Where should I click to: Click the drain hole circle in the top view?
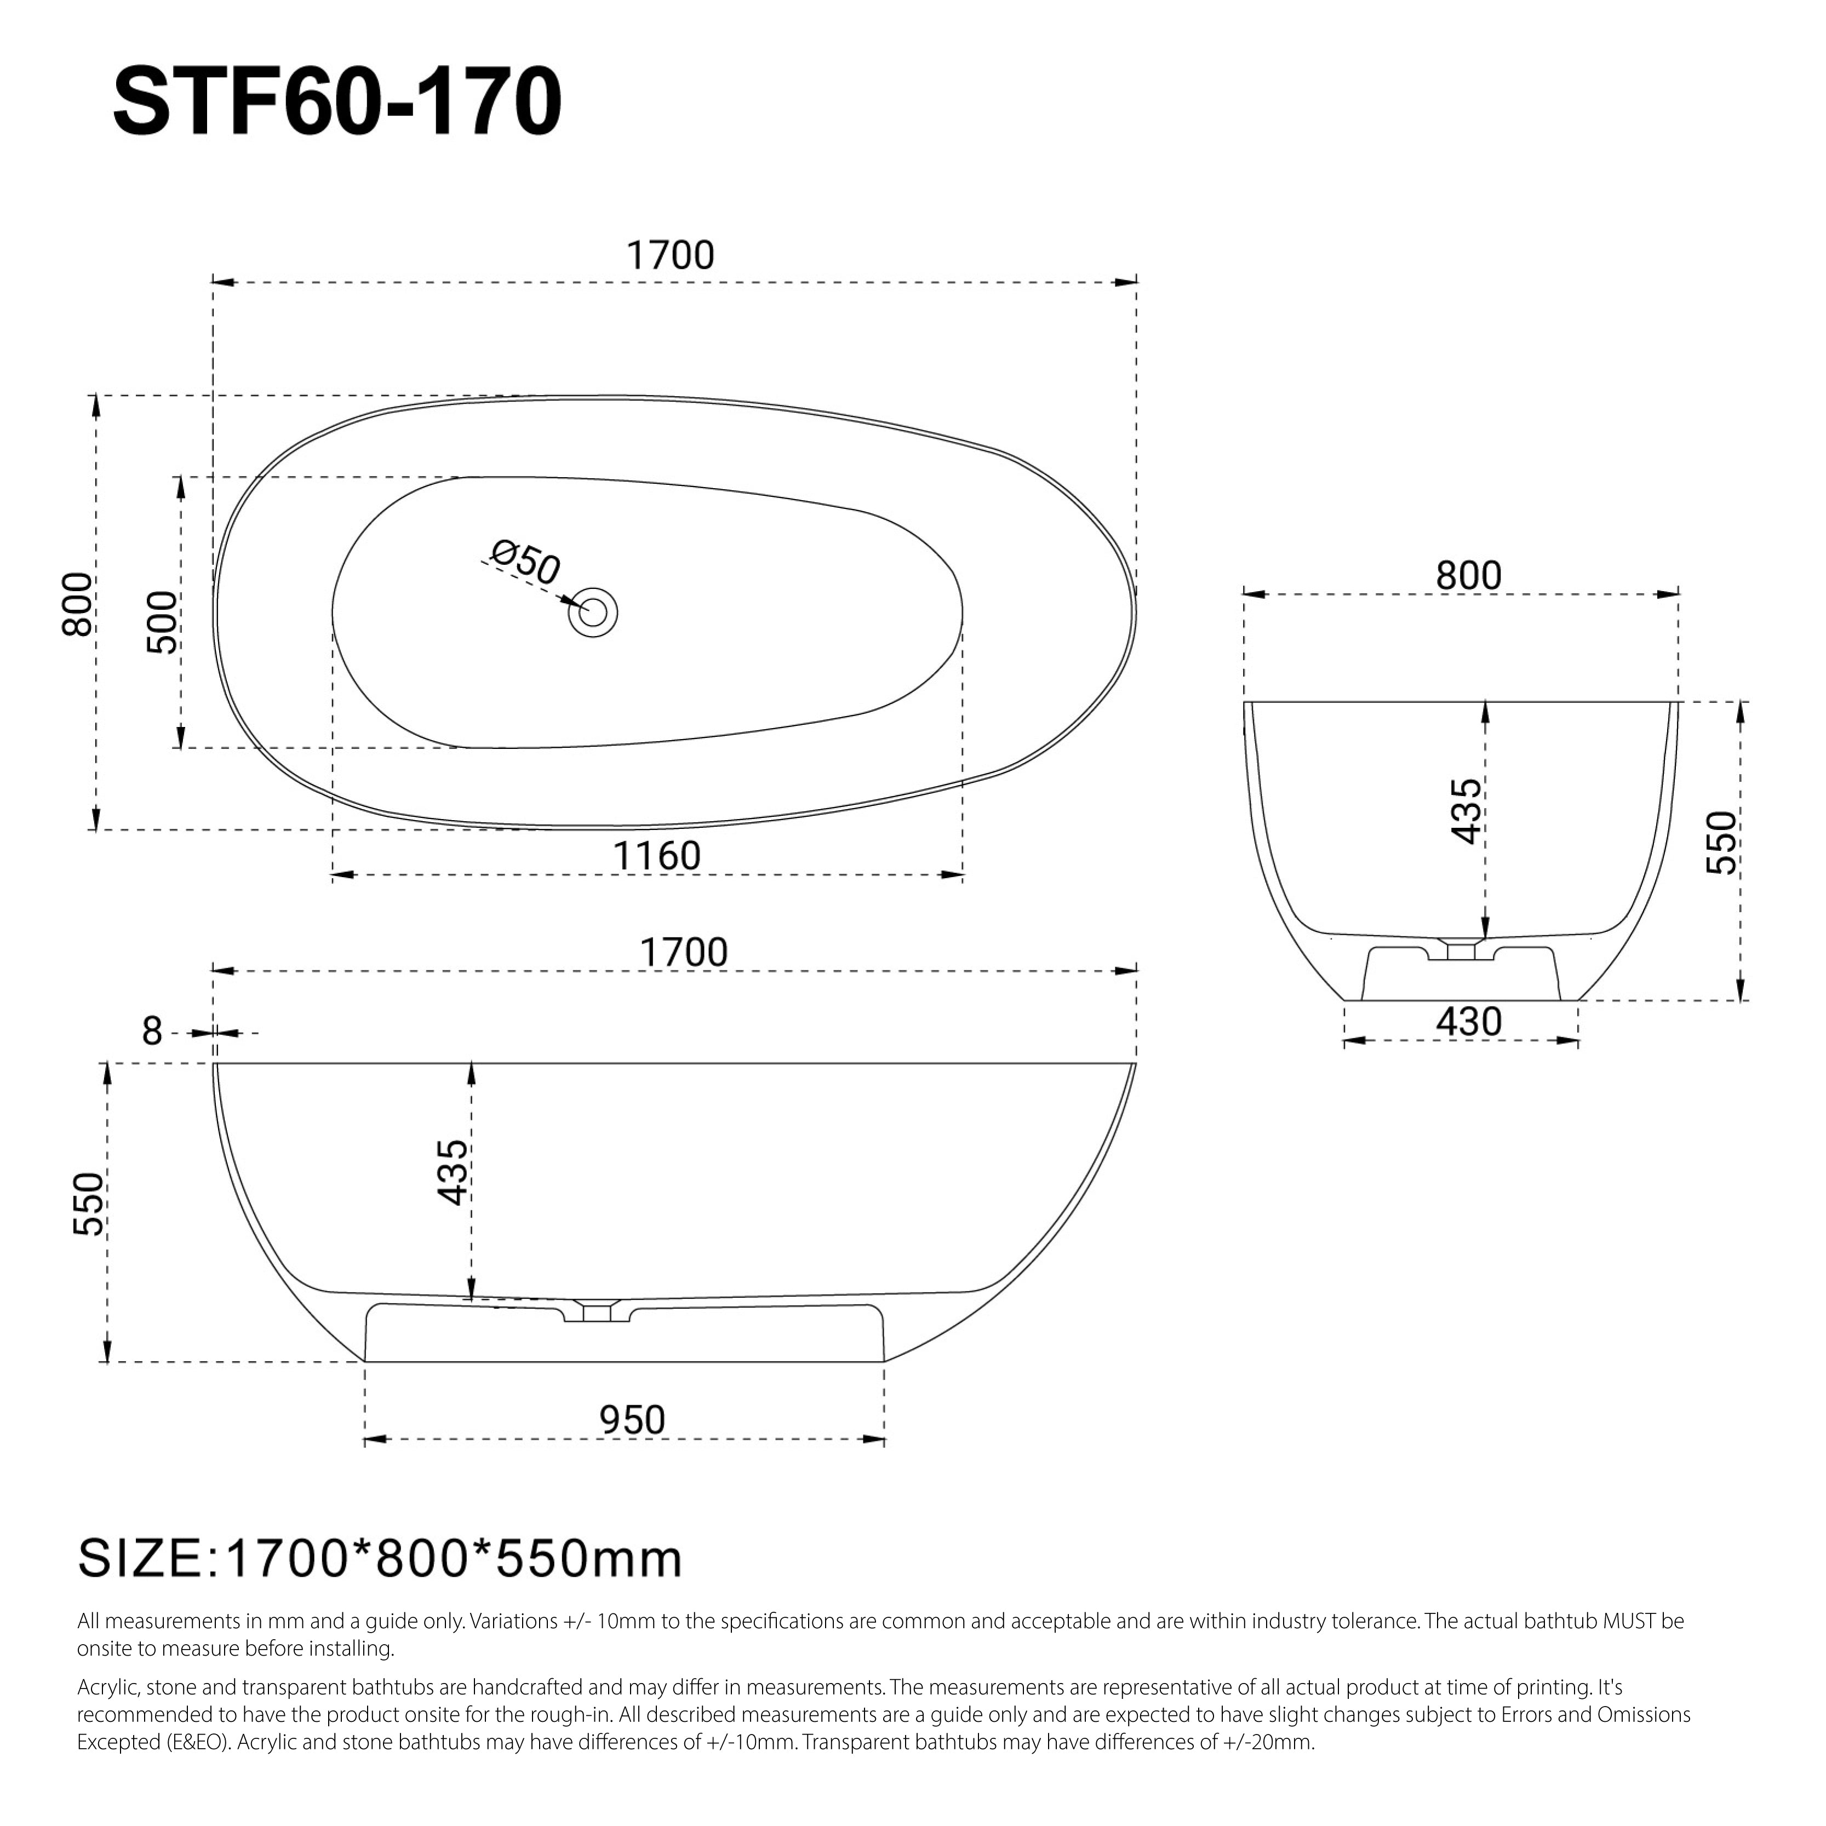pos(593,613)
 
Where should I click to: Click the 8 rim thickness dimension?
pos(152,1031)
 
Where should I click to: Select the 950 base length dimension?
pos(632,1419)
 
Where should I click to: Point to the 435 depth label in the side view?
pos(453,1172)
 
